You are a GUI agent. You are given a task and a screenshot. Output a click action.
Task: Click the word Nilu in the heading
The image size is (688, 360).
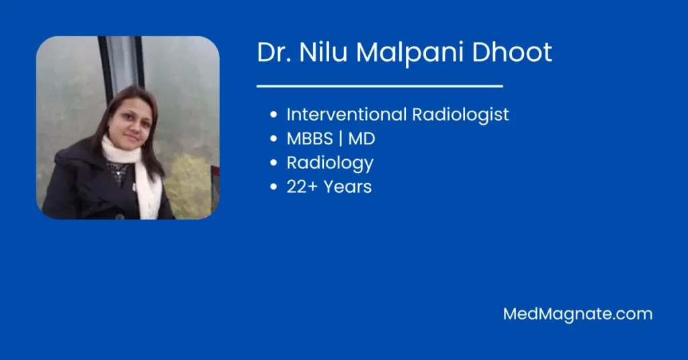tap(323, 52)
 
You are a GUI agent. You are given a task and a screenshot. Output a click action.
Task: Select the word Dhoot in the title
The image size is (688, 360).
tap(511, 52)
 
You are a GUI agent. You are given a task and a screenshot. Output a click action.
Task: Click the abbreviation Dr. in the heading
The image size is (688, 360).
tap(274, 52)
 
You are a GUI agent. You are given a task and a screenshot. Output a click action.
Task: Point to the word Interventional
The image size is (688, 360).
tap(347, 114)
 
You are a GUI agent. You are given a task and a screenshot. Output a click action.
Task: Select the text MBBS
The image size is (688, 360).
tap(310, 138)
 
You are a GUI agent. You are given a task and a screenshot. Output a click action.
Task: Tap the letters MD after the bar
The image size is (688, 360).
tap(361, 138)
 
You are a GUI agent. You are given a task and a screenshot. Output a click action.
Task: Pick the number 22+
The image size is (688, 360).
tap(302, 187)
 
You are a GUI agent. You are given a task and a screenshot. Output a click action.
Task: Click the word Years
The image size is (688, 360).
tap(347, 187)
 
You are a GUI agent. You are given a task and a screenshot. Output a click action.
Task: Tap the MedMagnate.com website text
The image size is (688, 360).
tap(578, 314)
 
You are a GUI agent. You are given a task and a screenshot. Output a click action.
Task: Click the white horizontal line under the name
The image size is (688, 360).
tap(380, 87)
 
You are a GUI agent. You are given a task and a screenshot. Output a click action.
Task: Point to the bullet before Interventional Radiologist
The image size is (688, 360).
tap(274, 114)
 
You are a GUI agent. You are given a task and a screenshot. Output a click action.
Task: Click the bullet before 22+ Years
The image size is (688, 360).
tap(274, 187)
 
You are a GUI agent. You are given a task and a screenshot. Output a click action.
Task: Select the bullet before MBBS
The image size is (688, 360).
tap(274, 138)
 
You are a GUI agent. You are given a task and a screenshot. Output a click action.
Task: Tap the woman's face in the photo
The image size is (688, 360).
tap(130, 122)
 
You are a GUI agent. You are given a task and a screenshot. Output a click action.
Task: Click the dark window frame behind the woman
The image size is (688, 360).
tap(105, 66)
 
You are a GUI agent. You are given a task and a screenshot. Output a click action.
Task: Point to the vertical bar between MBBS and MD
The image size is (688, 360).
tap(341, 139)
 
